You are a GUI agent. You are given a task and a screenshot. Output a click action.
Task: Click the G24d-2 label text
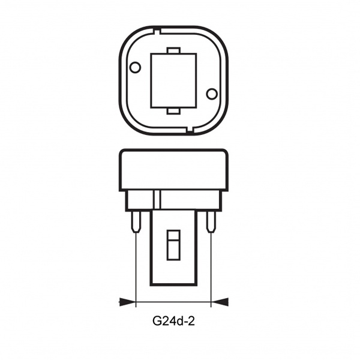[173, 321]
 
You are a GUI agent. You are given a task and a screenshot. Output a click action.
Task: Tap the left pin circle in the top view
[135, 67]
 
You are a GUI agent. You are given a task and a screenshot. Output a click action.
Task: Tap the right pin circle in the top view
[212, 94]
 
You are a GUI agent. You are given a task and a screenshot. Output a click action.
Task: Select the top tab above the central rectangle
[173, 50]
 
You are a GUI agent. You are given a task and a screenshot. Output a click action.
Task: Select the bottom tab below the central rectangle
[173, 111]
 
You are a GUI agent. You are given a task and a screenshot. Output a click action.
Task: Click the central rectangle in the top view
[173, 80]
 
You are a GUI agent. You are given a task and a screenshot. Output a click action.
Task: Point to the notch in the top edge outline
[157, 31]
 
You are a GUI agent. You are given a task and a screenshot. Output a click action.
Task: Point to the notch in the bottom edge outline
[190, 130]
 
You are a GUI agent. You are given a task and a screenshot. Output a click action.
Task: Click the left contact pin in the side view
[136, 222]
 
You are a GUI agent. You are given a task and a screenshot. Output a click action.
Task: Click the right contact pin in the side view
[211, 222]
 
